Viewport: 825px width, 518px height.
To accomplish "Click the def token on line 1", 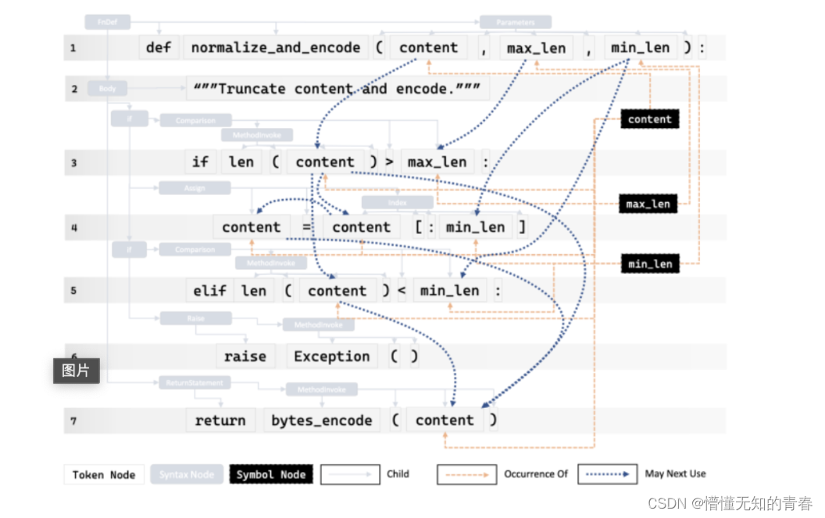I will click(x=159, y=48).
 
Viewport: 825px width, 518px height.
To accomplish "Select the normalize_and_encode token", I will click(x=276, y=48).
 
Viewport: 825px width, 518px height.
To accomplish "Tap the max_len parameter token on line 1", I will click(x=536, y=48).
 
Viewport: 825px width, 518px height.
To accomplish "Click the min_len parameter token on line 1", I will click(x=640, y=48).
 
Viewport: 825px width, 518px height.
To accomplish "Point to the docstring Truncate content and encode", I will click(x=337, y=89).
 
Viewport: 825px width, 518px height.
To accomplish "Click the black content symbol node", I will click(x=649, y=119).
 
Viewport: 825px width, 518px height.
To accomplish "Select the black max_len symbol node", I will click(x=648, y=204).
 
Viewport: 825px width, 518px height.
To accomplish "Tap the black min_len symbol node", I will click(x=650, y=264).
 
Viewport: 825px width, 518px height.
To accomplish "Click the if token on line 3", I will click(x=201, y=162).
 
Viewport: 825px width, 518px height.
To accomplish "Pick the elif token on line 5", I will click(x=210, y=291).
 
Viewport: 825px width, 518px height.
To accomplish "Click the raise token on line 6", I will click(x=245, y=357).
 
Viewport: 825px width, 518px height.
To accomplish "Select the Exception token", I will click(x=332, y=357).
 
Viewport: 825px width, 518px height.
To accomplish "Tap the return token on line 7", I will click(x=220, y=420).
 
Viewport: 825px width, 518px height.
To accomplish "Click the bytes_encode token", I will click(x=322, y=420).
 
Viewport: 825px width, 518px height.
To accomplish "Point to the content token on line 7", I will click(x=445, y=420).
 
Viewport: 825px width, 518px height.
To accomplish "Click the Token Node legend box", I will click(x=104, y=474).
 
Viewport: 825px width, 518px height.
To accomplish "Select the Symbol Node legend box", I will click(x=271, y=474).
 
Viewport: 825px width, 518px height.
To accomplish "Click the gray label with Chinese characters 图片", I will click(x=77, y=371).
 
